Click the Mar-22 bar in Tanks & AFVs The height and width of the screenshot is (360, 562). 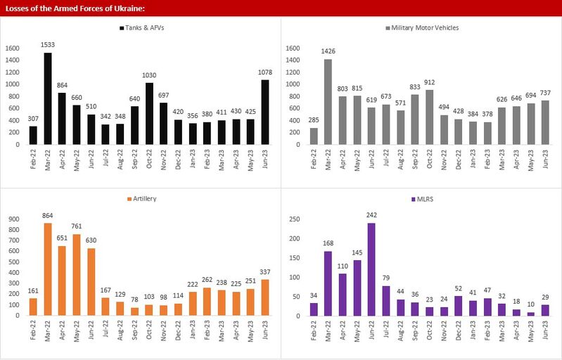point(48,98)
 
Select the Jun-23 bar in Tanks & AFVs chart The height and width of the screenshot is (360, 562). point(264,112)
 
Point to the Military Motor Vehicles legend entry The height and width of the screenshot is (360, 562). point(423,27)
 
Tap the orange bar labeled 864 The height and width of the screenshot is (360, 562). point(48,270)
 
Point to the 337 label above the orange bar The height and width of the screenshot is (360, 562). point(264,272)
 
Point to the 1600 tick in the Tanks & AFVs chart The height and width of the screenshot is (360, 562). point(13,48)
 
